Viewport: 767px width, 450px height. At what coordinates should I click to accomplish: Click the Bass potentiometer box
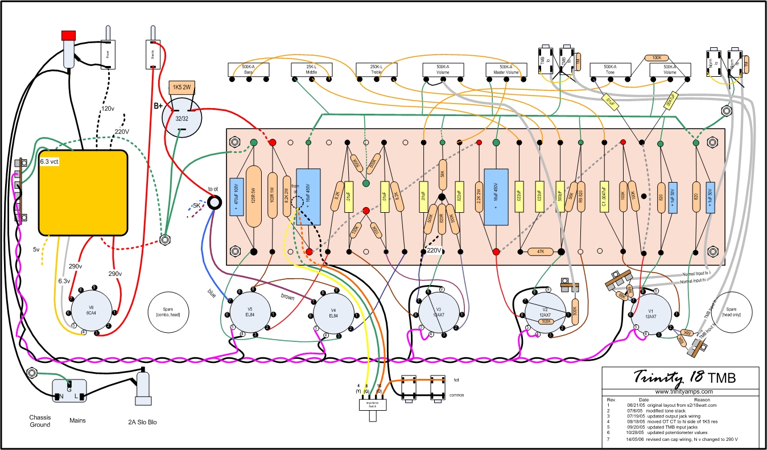[x=249, y=70]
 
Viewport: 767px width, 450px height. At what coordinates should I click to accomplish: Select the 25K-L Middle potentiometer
[x=311, y=70]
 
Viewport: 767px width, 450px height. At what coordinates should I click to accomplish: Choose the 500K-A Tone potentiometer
[x=610, y=70]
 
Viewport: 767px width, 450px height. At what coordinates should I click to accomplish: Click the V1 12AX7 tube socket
[x=654, y=315]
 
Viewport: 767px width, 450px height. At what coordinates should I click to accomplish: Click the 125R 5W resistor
[x=254, y=197]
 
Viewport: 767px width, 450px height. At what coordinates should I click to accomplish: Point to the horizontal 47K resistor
[x=540, y=251]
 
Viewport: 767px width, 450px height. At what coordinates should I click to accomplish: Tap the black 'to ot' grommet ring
[x=215, y=202]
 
